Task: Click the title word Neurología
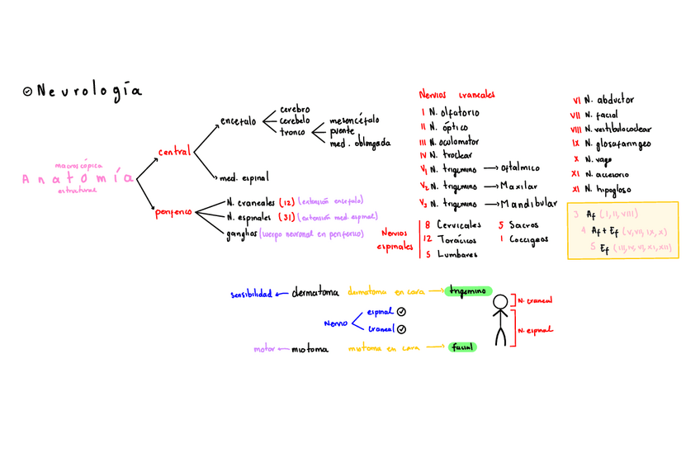click(88, 92)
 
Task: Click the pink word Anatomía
click(78, 178)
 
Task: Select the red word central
click(174, 152)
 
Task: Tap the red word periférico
click(173, 212)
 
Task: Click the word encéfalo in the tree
click(238, 121)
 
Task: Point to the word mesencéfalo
click(355, 119)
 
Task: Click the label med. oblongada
click(360, 143)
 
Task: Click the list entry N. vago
click(601, 158)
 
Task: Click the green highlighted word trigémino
click(468, 291)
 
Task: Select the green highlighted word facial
click(462, 347)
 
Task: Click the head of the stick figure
click(499, 303)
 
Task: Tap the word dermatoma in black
click(315, 293)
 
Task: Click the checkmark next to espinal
click(401, 312)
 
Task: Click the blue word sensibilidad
click(252, 294)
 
